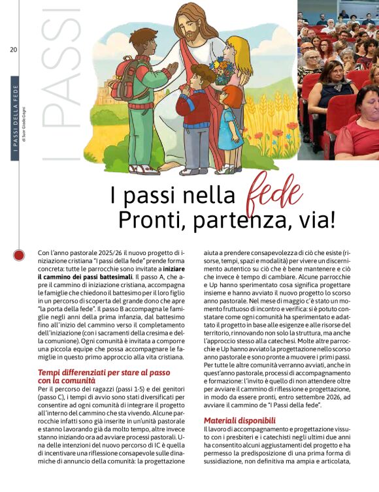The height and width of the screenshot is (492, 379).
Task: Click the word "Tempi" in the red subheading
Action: pos(52,372)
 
